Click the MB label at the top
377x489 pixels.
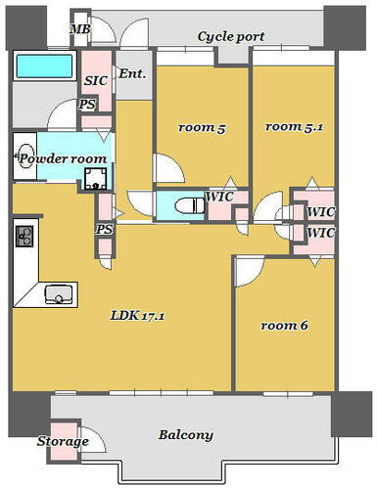pyautogui.click(x=79, y=28)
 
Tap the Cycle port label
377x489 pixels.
pyautogui.click(x=231, y=36)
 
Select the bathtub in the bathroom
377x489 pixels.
pyautogui.click(x=44, y=68)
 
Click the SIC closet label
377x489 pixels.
pyautogui.click(x=96, y=81)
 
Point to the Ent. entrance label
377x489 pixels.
pyautogui.click(x=131, y=73)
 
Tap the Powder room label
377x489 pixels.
pyautogui.click(x=61, y=158)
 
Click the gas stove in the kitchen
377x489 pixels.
pyautogui.click(x=23, y=237)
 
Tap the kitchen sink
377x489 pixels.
pyautogui.click(x=58, y=293)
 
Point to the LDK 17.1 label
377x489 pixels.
pyautogui.click(x=136, y=317)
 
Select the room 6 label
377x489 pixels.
pyautogui.click(x=285, y=325)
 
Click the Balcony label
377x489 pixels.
pyautogui.click(x=186, y=435)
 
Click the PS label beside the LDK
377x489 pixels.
pyautogui.click(x=104, y=230)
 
